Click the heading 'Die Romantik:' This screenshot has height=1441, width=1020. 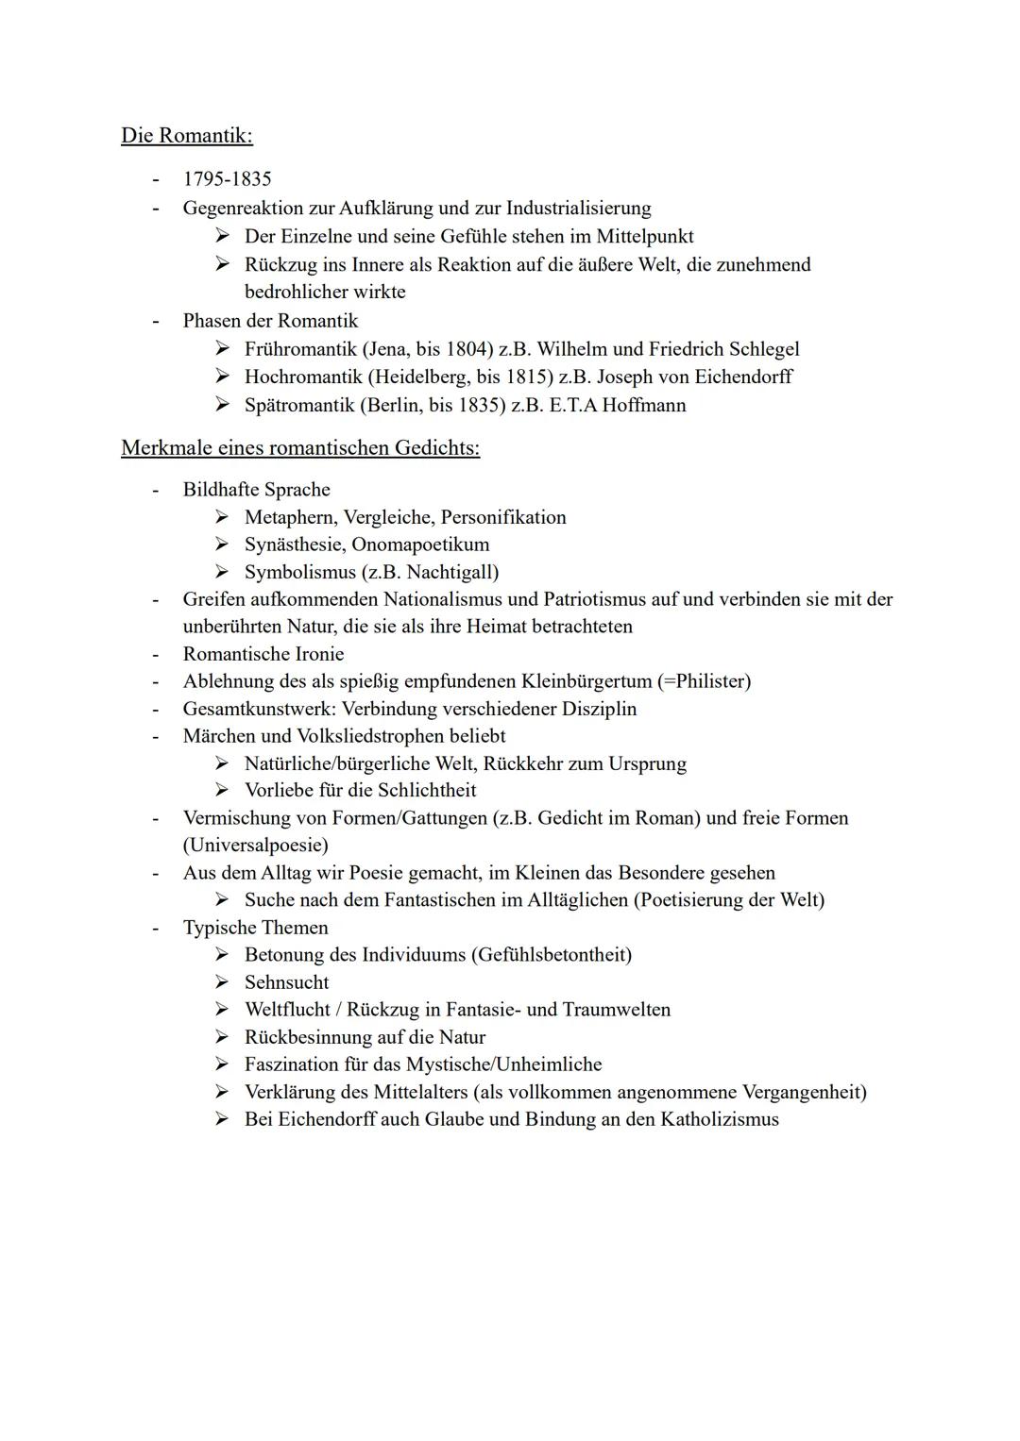point(187,136)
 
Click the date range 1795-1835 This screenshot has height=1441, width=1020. point(227,179)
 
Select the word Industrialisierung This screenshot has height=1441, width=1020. point(578,208)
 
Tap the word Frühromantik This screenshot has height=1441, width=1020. point(300,349)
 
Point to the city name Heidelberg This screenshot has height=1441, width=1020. point(416,377)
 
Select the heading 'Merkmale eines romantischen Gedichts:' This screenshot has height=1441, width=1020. point(300,447)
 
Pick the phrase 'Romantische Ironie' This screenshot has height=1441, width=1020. point(263,654)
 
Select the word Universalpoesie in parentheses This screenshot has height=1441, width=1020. point(256,845)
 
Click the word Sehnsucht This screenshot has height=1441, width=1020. point(287,982)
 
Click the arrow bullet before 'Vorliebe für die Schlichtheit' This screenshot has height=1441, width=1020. point(222,790)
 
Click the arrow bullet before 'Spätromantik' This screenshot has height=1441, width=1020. point(222,406)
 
